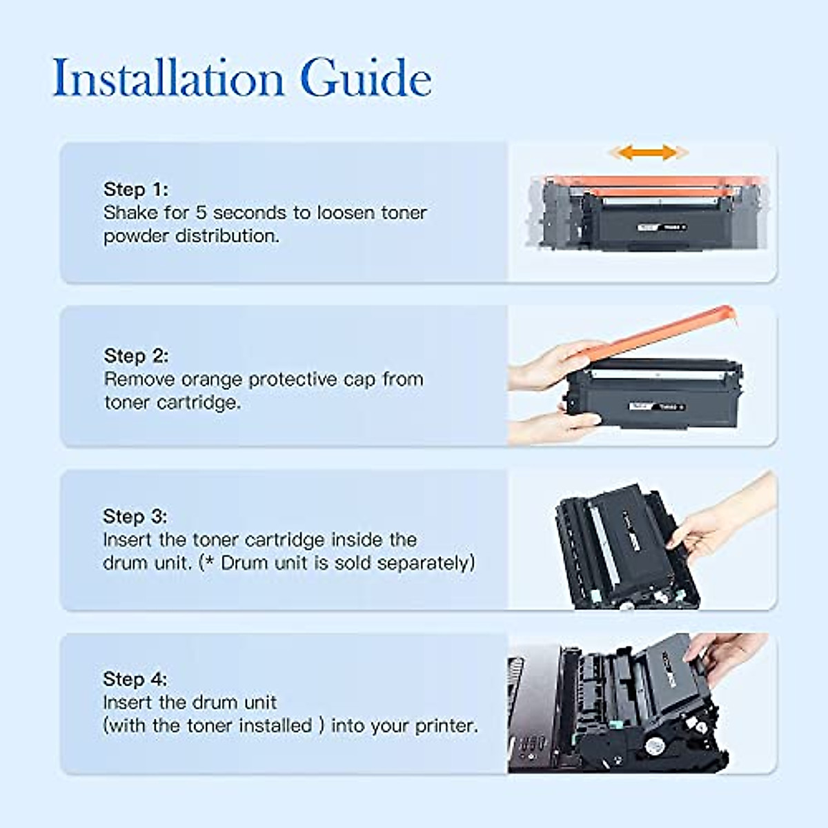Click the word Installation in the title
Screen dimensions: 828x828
click(168, 77)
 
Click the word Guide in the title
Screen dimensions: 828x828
click(366, 77)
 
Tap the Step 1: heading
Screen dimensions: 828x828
click(135, 189)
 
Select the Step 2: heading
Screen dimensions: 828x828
click(136, 355)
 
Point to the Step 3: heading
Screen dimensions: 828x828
click(135, 516)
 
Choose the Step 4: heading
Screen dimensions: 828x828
click(135, 679)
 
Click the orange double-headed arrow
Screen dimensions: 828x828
click(646, 152)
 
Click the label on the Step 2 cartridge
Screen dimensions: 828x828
click(655, 406)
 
